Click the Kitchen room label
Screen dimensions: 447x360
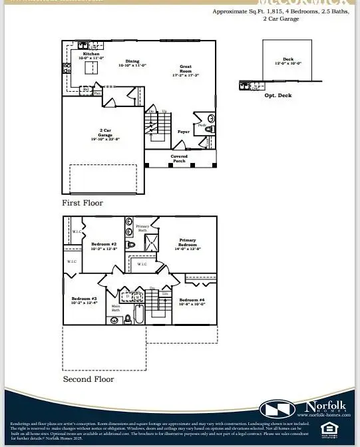click(90, 56)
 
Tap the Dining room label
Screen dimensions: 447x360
click(132, 63)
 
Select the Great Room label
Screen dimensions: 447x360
click(186, 69)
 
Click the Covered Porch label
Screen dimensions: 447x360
click(180, 158)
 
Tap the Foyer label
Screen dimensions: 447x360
click(183, 132)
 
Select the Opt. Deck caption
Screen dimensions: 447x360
click(279, 96)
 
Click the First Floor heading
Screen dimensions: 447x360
click(83, 202)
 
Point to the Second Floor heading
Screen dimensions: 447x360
click(89, 379)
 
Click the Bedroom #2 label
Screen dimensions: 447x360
click(104, 245)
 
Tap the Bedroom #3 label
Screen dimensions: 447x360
click(85, 299)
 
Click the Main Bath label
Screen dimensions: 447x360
click(115, 308)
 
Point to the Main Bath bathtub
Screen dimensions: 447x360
click(139, 313)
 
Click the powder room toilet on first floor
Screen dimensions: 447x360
click(208, 129)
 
